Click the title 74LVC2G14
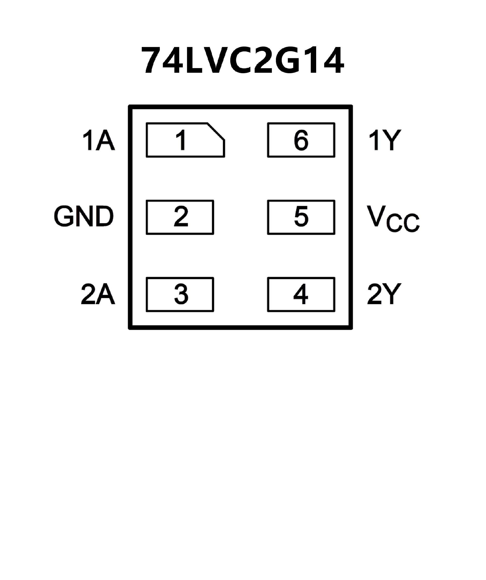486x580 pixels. click(243, 60)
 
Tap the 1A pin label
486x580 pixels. click(98, 141)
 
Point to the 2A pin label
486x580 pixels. click(98, 294)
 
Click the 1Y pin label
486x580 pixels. click(385, 141)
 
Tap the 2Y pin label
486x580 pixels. click(384, 294)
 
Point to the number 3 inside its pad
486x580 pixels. click(181, 294)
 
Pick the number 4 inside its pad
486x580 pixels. click(301, 294)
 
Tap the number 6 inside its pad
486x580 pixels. click(301, 140)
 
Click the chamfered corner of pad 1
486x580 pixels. click(216, 131)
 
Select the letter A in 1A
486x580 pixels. click(105, 141)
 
